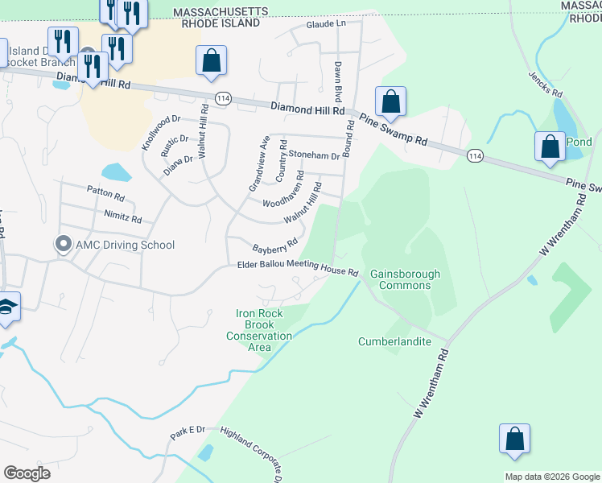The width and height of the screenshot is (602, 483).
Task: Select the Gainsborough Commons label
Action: tap(405, 279)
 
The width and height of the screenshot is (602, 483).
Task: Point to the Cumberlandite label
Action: tap(394, 341)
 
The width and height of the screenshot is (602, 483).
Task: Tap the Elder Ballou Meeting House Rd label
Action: tap(298, 268)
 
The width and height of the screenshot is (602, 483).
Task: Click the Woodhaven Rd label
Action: tap(282, 188)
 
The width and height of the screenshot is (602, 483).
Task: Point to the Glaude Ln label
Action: tap(325, 24)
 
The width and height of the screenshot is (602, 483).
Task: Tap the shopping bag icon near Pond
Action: tap(550, 147)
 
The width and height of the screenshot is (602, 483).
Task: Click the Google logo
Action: tap(27, 473)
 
